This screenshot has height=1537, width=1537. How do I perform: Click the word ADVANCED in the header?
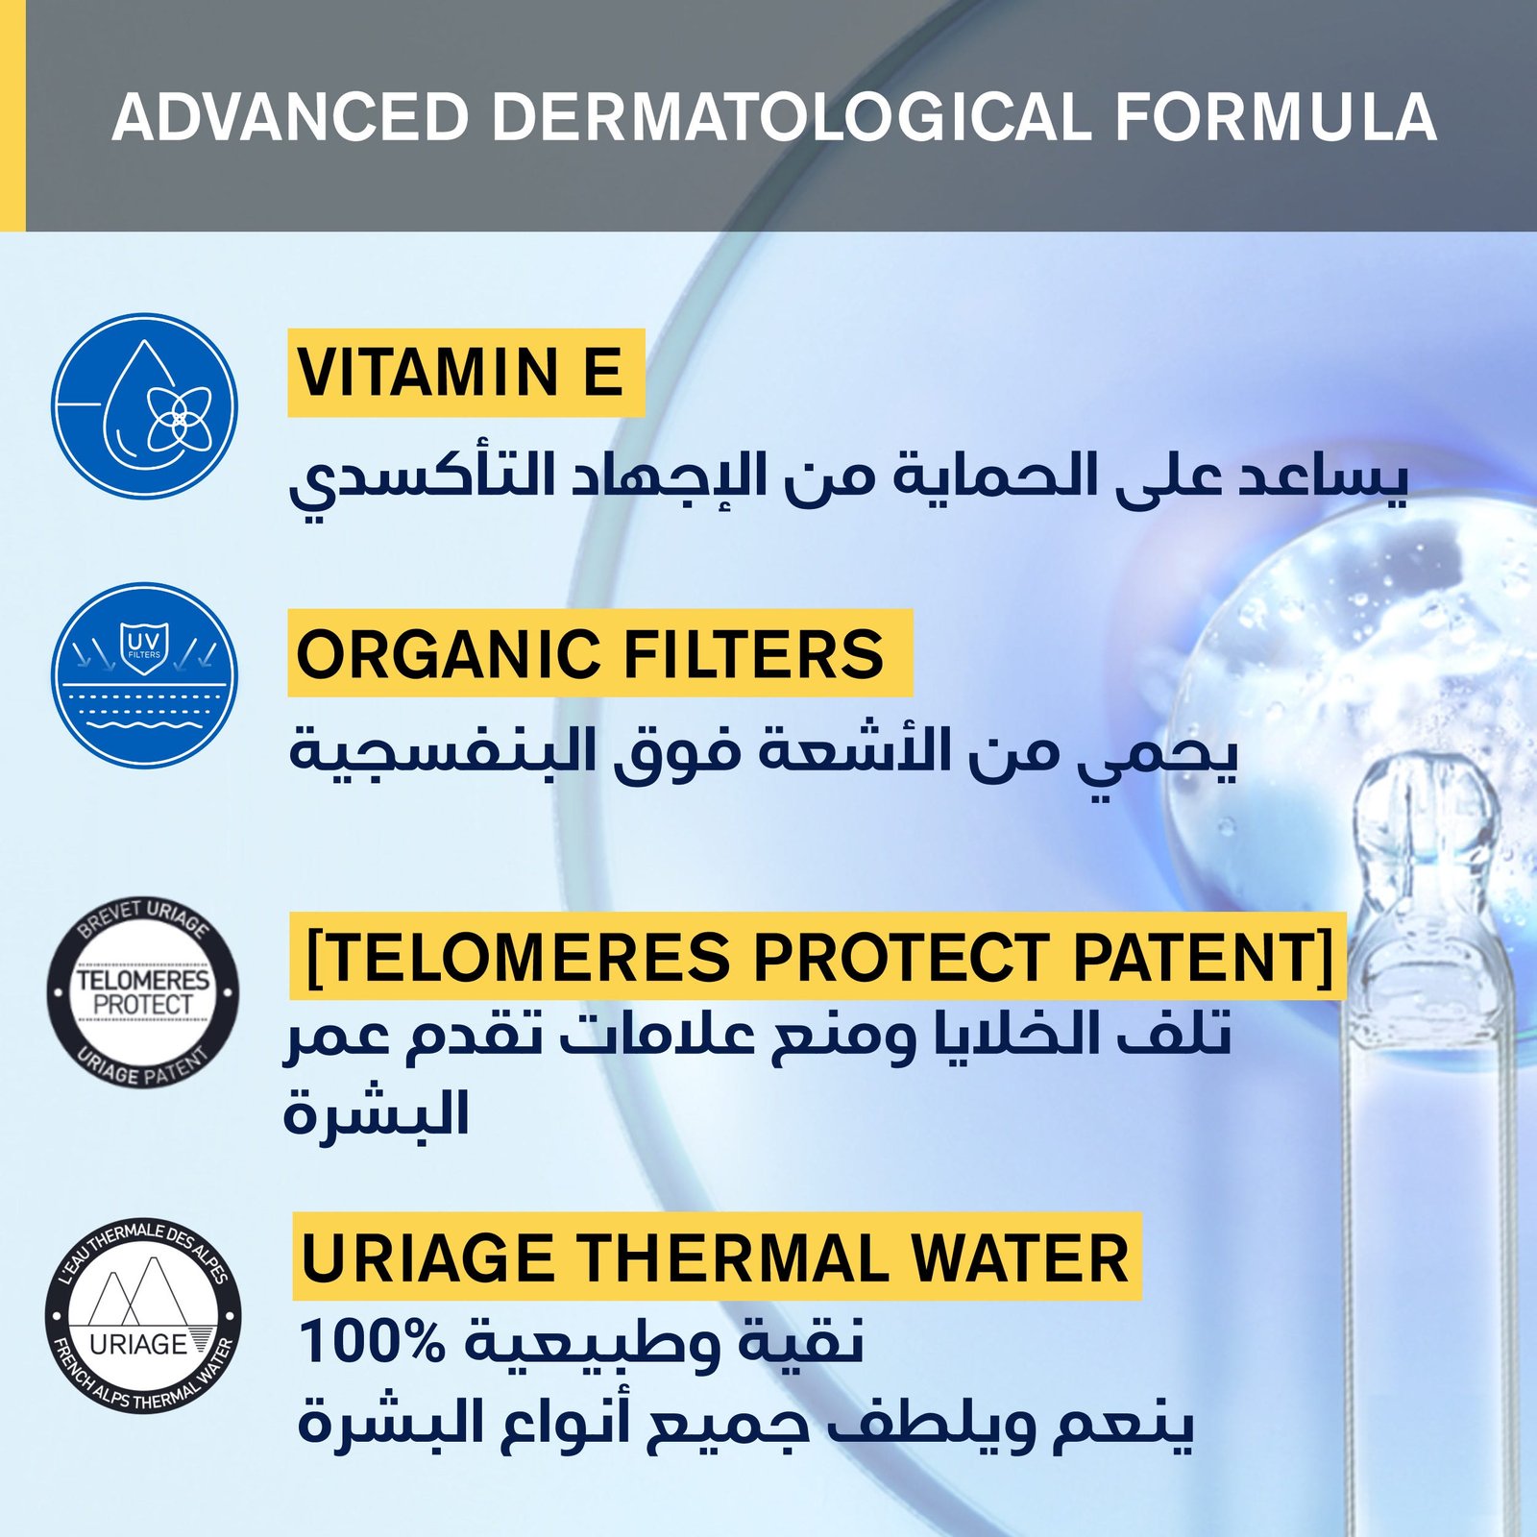[x=290, y=118]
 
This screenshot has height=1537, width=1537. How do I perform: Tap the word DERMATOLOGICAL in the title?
[x=791, y=118]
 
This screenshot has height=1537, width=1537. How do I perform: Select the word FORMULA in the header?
[x=1276, y=118]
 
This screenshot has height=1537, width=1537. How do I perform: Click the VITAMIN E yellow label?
[x=466, y=373]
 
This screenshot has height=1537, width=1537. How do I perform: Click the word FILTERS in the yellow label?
[x=753, y=654]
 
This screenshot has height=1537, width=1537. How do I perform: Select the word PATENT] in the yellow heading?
[x=1204, y=957]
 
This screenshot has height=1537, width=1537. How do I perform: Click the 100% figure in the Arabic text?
[x=373, y=1341]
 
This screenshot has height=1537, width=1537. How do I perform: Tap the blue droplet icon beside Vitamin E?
[x=144, y=406]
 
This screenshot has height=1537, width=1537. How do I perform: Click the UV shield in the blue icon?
[x=145, y=647]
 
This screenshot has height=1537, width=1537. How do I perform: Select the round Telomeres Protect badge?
[x=143, y=992]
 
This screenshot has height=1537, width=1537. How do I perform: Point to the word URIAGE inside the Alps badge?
[x=138, y=1343]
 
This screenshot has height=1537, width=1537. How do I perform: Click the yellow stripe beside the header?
[x=12, y=115]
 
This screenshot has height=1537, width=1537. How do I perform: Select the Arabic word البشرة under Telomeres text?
[x=376, y=1114]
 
